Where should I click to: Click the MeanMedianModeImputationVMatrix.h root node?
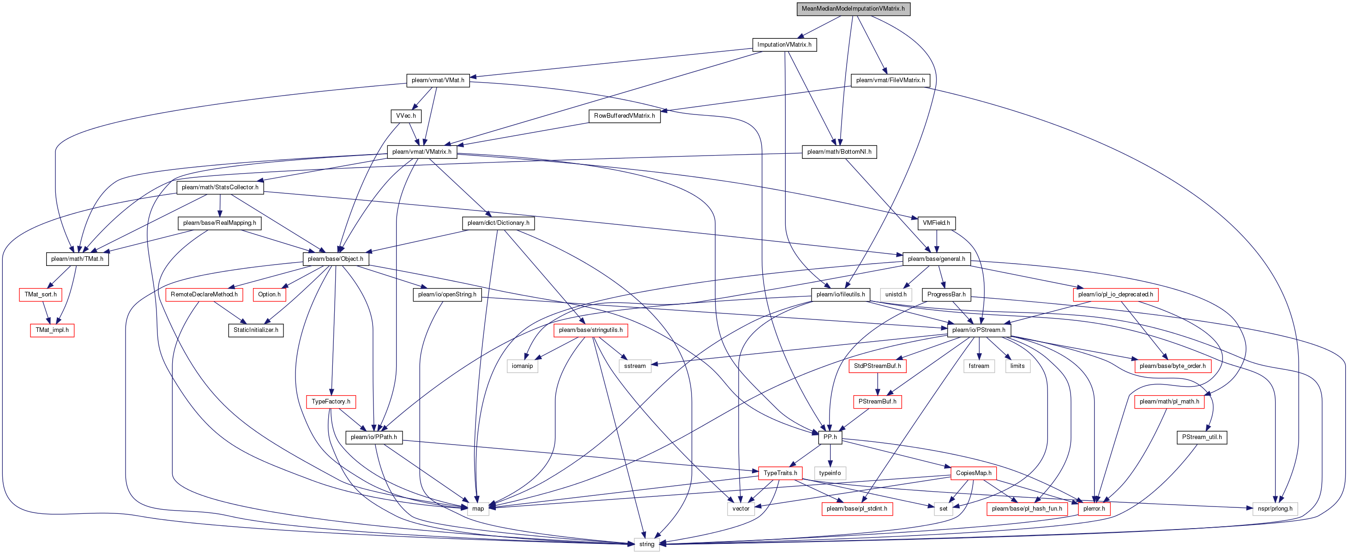[853, 9]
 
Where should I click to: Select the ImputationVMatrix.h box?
[784, 44]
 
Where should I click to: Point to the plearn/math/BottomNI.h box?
[839, 152]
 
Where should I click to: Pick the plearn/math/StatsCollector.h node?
[220, 187]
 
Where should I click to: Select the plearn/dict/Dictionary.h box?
[498, 223]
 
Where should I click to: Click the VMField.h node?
[936, 223]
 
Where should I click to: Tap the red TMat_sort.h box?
[41, 295]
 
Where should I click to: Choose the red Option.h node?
[270, 295]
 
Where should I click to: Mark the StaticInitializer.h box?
[256, 330]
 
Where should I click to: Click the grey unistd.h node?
[896, 295]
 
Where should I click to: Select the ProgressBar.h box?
[946, 295]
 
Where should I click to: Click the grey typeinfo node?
[830, 473]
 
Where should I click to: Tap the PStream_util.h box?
[1202, 437]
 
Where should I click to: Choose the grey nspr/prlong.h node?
[1275, 508]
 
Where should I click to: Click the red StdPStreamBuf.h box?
[878, 366]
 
